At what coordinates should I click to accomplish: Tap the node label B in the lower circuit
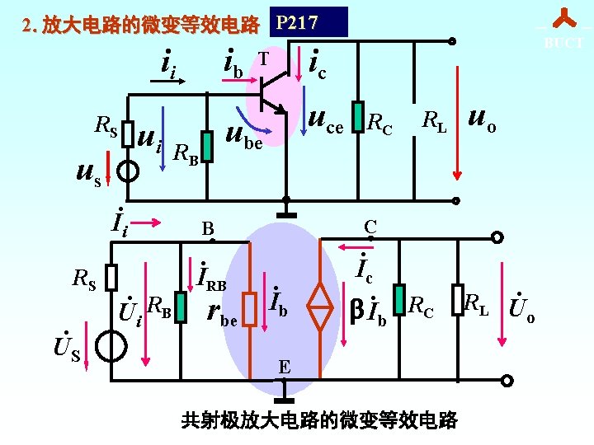click(x=209, y=228)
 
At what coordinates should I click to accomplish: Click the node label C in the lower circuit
click(x=370, y=226)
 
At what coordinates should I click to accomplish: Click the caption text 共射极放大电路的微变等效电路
click(x=319, y=420)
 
